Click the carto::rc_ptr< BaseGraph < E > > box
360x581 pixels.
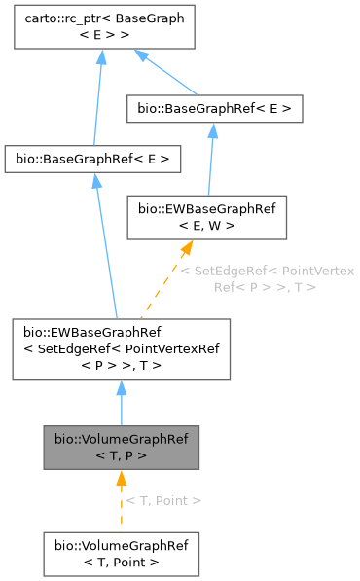coord(101,26)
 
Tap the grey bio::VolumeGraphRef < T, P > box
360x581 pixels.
coord(121,447)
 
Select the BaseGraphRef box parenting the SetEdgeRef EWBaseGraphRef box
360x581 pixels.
coord(92,157)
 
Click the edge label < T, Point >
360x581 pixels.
coord(164,500)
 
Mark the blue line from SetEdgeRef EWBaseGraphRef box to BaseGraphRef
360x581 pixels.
coord(105,243)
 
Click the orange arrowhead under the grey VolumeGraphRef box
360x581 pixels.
coord(121,478)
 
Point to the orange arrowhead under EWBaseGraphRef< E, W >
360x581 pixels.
coord(185,250)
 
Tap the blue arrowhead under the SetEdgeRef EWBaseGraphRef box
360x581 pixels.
coord(121,388)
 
